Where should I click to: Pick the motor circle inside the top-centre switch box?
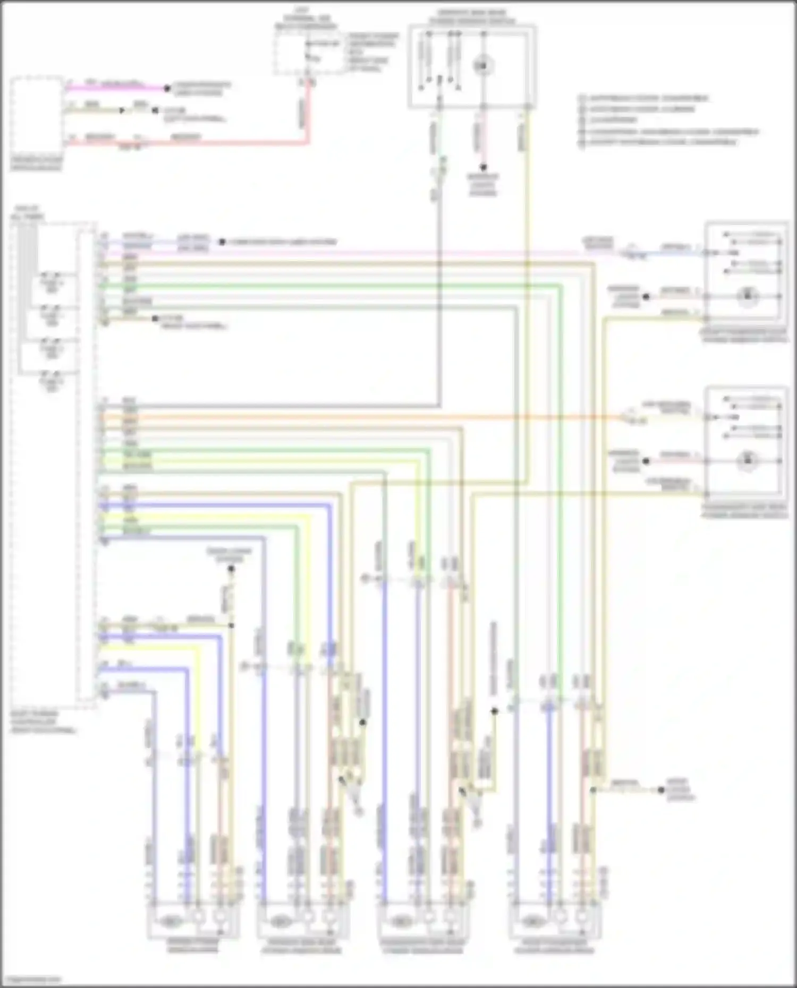point(483,66)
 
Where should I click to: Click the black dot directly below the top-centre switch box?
point(483,167)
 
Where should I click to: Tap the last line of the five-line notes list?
point(659,142)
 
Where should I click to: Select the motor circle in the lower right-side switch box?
point(748,460)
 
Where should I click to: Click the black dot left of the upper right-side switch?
point(646,297)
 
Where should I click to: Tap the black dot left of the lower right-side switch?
point(646,461)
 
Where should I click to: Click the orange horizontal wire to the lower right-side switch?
point(372,417)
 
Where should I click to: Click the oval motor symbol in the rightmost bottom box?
point(532,919)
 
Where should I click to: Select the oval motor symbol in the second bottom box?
point(279,919)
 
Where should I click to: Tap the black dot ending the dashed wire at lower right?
point(661,790)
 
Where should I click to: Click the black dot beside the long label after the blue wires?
point(222,242)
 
